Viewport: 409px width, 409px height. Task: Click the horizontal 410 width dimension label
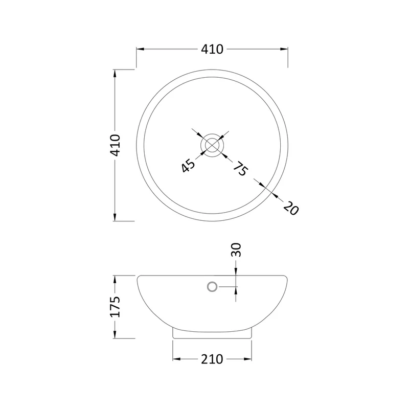coord(212,49)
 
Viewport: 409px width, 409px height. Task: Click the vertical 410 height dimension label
coord(115,145)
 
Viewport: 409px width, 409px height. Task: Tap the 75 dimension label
coord(240,169)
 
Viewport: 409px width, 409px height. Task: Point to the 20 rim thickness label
coord(291,208)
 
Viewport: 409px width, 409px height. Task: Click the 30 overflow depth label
coord(236,250)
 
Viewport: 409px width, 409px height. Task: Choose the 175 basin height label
coord(115,307)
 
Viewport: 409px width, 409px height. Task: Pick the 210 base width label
coord(212,359)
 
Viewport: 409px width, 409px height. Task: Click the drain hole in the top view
coord(212,145)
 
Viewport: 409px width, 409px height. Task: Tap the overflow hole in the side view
coord(212,287)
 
